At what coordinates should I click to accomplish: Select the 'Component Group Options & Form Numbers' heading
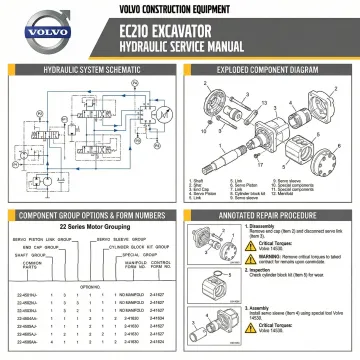[91, 214]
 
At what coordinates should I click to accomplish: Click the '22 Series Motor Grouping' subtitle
[90, 228]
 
